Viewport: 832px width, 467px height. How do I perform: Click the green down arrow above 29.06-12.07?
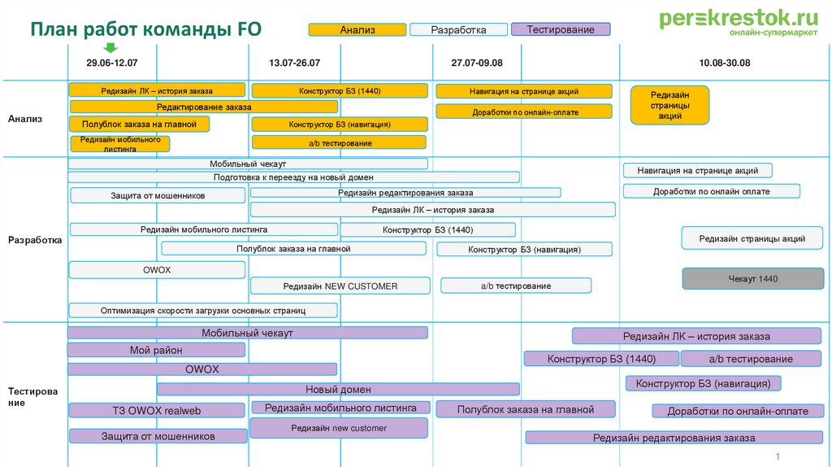111,48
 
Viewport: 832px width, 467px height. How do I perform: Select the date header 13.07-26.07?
294,63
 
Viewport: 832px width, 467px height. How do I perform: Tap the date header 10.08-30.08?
724,63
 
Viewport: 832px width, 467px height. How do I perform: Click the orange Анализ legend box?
357,30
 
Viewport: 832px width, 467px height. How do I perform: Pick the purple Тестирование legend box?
560,29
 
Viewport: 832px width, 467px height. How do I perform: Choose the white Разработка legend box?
458,30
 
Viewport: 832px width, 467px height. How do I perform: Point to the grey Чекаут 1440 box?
752,279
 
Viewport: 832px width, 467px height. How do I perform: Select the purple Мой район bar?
156,350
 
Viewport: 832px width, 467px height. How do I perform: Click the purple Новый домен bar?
338,389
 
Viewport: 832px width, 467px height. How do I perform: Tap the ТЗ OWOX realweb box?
156,411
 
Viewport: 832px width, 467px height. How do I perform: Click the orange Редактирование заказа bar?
204,107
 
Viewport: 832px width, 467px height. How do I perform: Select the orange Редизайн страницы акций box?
669,105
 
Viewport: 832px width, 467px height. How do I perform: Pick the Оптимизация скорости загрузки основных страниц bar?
202,310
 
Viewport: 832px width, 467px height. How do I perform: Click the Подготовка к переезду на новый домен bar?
293,177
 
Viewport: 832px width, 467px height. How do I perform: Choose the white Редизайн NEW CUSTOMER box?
340,286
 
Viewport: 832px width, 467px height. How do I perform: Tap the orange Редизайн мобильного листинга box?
120,144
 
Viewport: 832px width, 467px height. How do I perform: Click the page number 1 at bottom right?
778,456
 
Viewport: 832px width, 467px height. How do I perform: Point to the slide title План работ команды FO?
146,30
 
